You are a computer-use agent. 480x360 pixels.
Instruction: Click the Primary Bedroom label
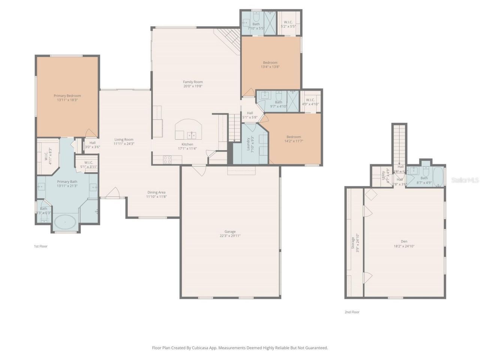[67, 96]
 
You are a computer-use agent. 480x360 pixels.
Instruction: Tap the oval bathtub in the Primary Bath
[65, 222]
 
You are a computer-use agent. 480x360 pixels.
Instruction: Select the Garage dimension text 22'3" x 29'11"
[230, 236]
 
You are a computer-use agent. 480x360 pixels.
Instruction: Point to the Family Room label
[193, 82]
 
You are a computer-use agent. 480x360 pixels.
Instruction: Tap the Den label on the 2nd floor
[404, 241]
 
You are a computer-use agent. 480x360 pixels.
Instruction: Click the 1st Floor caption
[40, 246]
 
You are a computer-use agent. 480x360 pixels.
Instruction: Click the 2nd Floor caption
[352, 312]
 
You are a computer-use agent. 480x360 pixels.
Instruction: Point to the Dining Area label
[156, 192]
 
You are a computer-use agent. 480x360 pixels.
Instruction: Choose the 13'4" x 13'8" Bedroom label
[270, 63]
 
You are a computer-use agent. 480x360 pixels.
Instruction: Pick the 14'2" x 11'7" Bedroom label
[294, 137]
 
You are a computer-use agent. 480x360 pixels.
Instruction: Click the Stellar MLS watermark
[465, 180]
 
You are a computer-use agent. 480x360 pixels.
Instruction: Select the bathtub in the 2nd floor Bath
[438, 176]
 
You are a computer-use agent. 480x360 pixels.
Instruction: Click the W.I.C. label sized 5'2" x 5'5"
[288, 22]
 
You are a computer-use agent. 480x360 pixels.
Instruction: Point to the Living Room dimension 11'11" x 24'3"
[124, 144]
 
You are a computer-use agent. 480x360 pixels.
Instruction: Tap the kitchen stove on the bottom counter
[167, 160]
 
